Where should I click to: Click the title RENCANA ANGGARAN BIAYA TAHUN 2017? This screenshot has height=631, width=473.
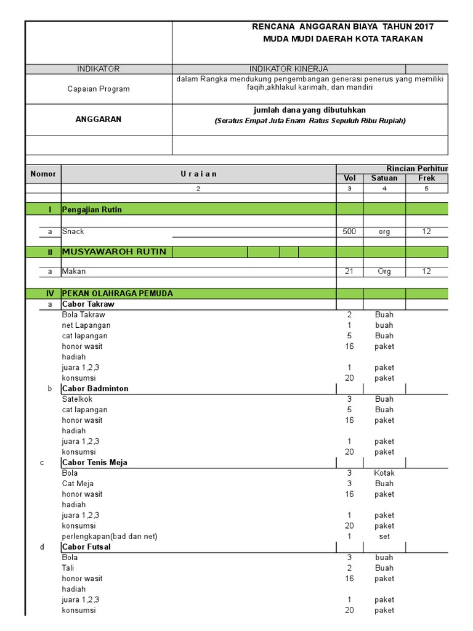(x=343, y=26)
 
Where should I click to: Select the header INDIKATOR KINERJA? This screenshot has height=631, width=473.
(x=288, y=69)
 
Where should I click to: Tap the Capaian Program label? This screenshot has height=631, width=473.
(x=99, y=89)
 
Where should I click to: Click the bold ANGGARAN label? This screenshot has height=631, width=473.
(x=99, y=120)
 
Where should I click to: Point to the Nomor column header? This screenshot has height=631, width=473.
(x=43, y=174)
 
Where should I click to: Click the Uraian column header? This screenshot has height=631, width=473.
(x=198, y=174)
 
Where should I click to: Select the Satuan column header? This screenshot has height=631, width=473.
(x=384, y=178)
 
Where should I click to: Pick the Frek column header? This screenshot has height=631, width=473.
(x=426, y=178)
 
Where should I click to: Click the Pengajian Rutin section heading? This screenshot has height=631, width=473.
(x=92, y=210)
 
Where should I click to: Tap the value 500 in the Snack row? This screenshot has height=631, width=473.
(x=349, y=232)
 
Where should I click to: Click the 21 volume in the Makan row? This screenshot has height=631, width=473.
(x=349, y=271)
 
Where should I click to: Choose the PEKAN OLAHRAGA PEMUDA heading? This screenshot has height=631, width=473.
(x=118, y=293)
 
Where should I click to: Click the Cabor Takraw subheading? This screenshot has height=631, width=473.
(x=88, y=304)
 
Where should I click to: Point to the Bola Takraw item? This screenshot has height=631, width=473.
(x=84, y=315)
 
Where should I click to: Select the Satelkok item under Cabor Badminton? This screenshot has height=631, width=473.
(x=77, y=399)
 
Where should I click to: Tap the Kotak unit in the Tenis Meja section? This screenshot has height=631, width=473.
(x=384, y=473)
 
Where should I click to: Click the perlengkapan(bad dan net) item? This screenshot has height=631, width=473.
(x=110, y=536)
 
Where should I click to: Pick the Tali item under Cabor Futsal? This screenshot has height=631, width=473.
(x=68, y=568)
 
